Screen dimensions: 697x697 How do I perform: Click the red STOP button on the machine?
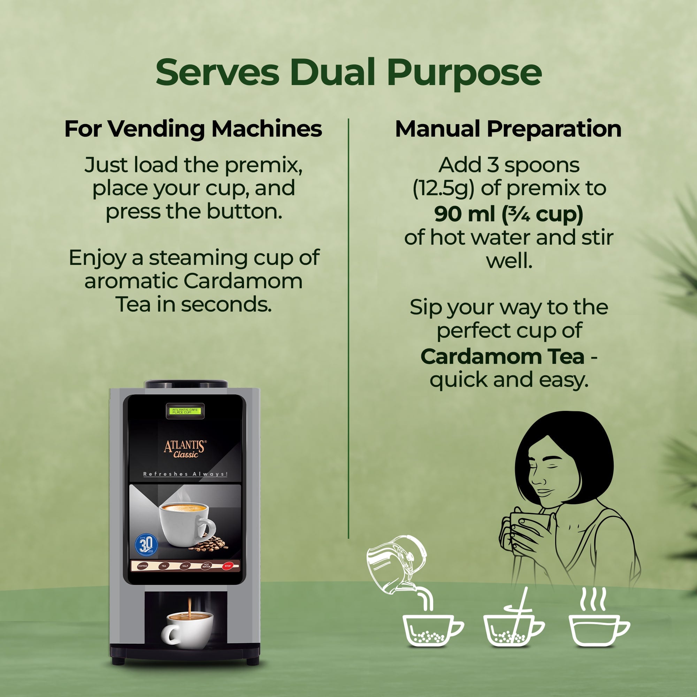coord(228,566)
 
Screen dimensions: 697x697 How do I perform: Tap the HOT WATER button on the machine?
coord(206,566)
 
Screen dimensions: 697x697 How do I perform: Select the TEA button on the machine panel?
coord(164,566)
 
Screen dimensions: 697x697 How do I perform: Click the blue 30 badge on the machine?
coord(146,545)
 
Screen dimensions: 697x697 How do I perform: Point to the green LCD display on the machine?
coord(185,411)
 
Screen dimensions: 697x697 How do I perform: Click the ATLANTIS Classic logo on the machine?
coord(185,449)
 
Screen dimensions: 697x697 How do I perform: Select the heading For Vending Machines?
coord(193,129)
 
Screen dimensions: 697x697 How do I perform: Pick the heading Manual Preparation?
coord(508,129)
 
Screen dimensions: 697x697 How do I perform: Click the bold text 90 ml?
coord(465,214)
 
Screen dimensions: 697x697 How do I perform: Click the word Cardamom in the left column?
coord(243,281)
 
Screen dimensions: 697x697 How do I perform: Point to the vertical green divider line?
coord(348,325)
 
